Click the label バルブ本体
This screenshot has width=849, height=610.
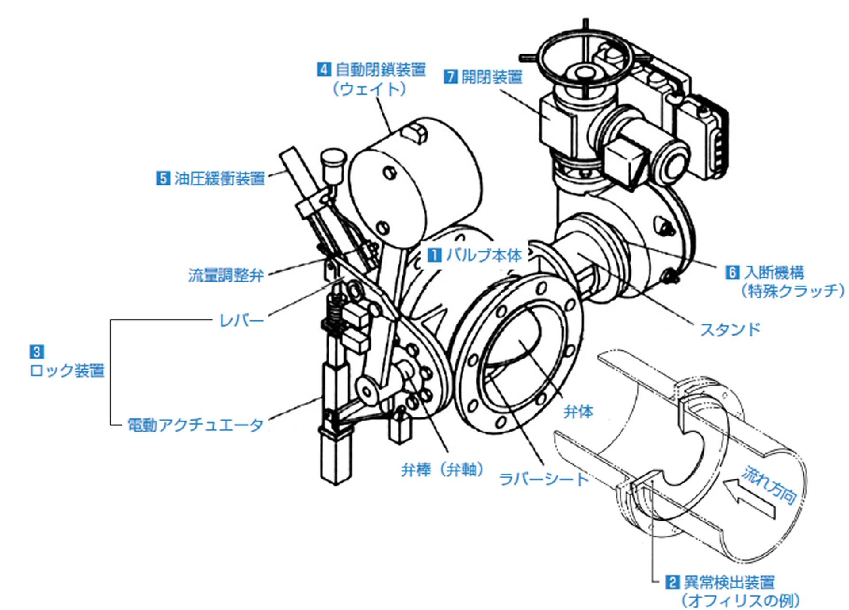(484, 255)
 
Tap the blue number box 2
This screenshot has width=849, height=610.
(672, 582)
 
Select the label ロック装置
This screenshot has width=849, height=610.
(67, 370)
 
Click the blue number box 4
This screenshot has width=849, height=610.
(324, 69)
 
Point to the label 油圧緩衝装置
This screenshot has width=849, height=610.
(219, 178)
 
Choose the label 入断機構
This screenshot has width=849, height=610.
(774, 272)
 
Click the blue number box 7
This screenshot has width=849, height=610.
(450, 77)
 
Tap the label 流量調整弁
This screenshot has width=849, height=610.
(226, 275)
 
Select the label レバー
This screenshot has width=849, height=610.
(241, 320)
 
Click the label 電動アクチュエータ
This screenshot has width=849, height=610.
(195, 425)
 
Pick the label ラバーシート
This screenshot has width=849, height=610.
(543, 479)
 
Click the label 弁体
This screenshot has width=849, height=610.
(577, 412)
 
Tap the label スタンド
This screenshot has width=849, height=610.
(730, 329)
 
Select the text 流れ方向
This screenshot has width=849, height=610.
(770, 485)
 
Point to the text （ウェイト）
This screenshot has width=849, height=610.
(369, 89)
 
